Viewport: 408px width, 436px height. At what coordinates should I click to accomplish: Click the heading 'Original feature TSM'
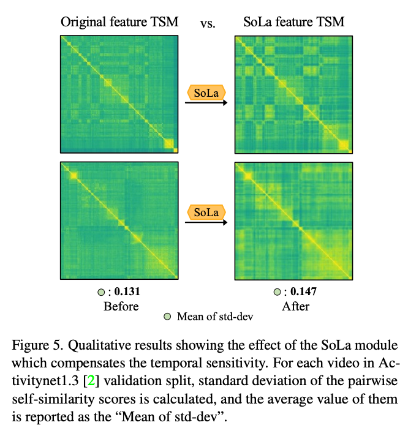click(x=119, y=23)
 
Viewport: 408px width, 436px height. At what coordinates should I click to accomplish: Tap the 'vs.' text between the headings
click(x=208, y=26)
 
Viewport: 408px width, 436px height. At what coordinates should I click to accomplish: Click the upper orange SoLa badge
click(x=206, y=93)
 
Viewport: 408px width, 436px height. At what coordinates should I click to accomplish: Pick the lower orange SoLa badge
click(x=206, y=212)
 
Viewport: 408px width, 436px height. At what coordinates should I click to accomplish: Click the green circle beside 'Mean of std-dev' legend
click(x=167, y=317)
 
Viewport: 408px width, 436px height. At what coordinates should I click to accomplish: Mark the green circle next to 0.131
click(x=102, y=292)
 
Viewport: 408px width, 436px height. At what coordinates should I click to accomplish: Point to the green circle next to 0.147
click(x=278, y=292)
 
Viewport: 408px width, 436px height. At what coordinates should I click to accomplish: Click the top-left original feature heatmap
click(x=119, y=94)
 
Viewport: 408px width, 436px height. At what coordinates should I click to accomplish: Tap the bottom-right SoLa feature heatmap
click(x=293, y=220)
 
